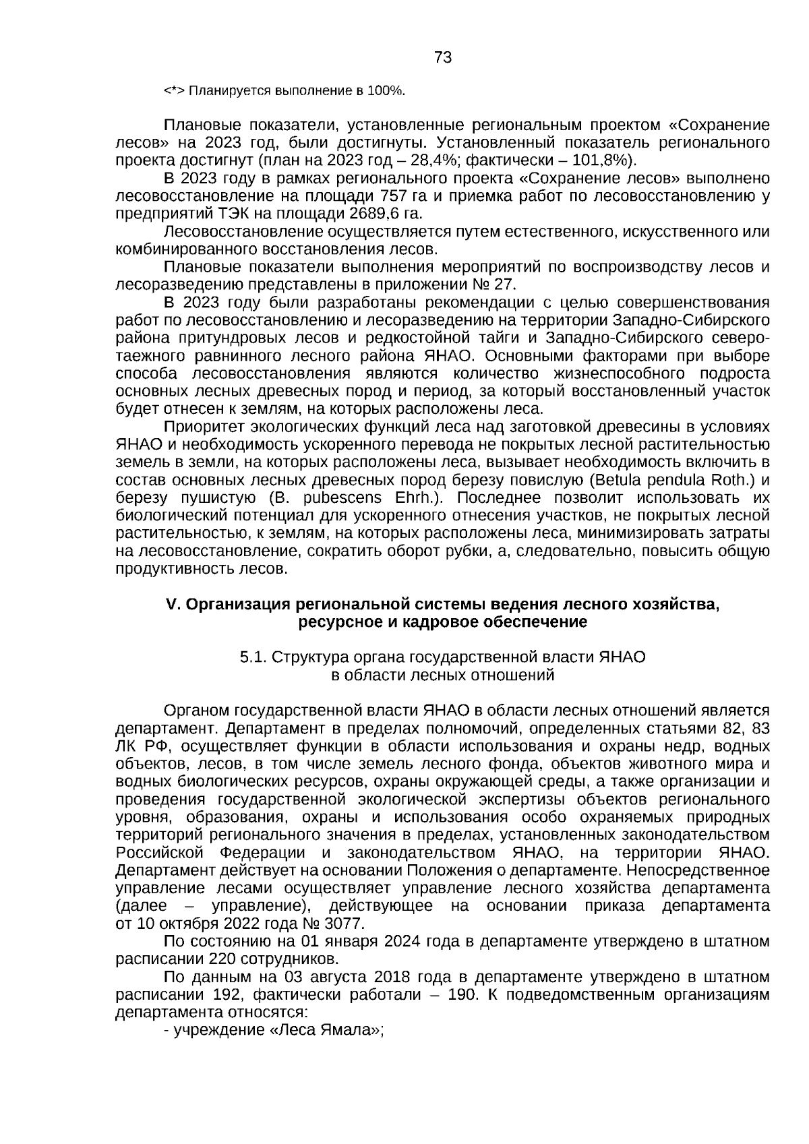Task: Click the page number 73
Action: click(x=443, y=58)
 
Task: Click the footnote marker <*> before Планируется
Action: click(x=175, y=90)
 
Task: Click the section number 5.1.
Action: click(x=253, y=658)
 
